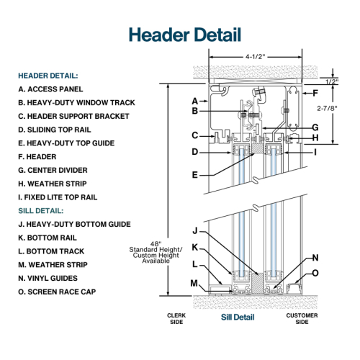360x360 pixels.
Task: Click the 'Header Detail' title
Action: pyautogui.click(x=185, y=35)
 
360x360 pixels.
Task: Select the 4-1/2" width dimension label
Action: pyautogui.click(x=256, y=57)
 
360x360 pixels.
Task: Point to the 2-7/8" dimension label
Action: pyautogui.click(x=327, y=108)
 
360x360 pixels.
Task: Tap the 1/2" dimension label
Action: pyautogui.click(x=332, y=82)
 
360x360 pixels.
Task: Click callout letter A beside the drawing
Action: pyautogui.click(x=195, y=101)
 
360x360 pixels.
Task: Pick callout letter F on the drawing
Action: pyautogui.click(x=315, y=93)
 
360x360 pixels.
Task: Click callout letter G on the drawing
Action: pyautogui.click(x=315, y=127)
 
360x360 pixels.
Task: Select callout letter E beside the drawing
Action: pyautogui.click(x=195, y=175)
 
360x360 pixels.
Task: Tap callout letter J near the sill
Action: pyautogui.click(x=195, y=231)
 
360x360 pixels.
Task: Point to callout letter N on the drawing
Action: pyautogui.click(x=315, y=258)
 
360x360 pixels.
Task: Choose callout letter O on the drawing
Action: pyautogui.click(x=315, y=273)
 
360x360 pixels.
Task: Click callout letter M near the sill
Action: pyautogui.click(x=194, y=284)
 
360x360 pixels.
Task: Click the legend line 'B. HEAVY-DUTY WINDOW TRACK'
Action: pyautogui.click(x=76, y=103)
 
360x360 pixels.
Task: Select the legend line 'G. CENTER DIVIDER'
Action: pyautogui.click(x=53, y=170)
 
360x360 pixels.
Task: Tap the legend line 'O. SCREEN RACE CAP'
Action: pyautogui.click(x=57, y=292)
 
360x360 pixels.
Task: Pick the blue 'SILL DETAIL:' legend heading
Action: pyautogui.click(x=41, y=211)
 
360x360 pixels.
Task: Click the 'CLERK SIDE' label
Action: pyautogui.click(x=176, y=319)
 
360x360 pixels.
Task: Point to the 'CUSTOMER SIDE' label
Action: pyautogui.click(x=302, y=319)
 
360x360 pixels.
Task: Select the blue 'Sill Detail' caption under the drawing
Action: pyautogui.click(x=238, y=317)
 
